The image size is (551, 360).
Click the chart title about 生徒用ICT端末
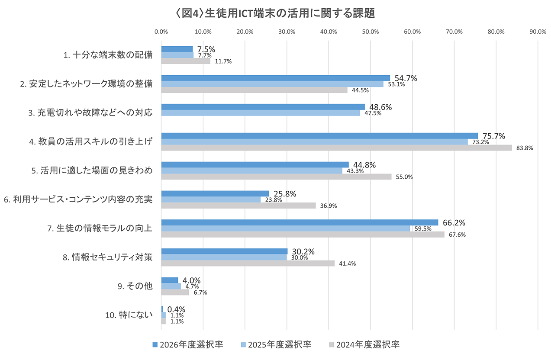(275, 13)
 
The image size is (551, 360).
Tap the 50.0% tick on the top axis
(371, 32)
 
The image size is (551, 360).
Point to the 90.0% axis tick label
(538, 32)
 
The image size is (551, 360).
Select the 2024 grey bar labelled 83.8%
(336, 148)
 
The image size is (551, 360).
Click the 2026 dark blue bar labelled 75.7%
(319, 136)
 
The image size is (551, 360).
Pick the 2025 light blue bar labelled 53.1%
(272, 84)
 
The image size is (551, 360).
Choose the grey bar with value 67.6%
(303, 235)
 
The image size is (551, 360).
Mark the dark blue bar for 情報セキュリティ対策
(224, 251)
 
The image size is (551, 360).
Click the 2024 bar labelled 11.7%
(186, 61)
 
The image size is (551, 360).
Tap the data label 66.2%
(454, 223)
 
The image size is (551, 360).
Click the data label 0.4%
(176, 309)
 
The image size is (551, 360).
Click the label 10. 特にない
(129, 315)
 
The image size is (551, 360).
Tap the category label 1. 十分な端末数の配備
(108, 55)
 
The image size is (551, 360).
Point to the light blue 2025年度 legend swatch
(243, 344)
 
